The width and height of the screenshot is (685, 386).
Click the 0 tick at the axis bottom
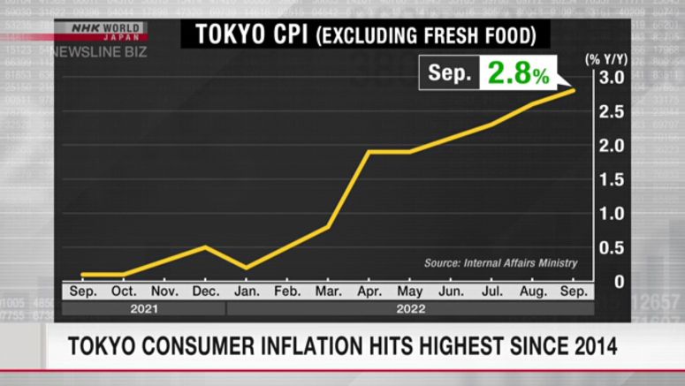tap(620, 281)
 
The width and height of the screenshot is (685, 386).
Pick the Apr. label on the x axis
tap(369, 290)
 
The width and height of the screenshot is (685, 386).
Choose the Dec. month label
tap(205, 290)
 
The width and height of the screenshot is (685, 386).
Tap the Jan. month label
tap(246, 290)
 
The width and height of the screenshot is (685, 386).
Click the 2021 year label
tap(143, 308)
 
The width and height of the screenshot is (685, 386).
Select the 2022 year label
tap(410, 308)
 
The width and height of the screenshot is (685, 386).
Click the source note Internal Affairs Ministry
tap(500, 262)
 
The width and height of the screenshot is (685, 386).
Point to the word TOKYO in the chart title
tap(225, 35)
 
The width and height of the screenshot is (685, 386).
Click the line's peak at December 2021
tap(205, 246)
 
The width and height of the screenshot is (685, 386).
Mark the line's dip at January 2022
tap(246, 268)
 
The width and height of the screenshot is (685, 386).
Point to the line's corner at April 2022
tap(369, 152)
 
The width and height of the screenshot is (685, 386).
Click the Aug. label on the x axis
tap(532, 290)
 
